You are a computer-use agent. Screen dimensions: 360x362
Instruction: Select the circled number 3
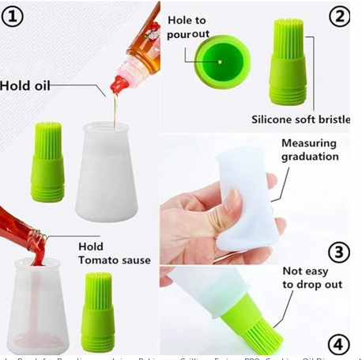coord(338,252)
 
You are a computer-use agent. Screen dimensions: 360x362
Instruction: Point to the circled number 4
coord(339,345)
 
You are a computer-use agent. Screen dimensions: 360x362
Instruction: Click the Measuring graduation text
coord(309,150)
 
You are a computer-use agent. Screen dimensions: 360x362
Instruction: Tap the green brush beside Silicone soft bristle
coord(288,63)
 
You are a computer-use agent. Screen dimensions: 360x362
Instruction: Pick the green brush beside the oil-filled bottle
coord(47,162)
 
